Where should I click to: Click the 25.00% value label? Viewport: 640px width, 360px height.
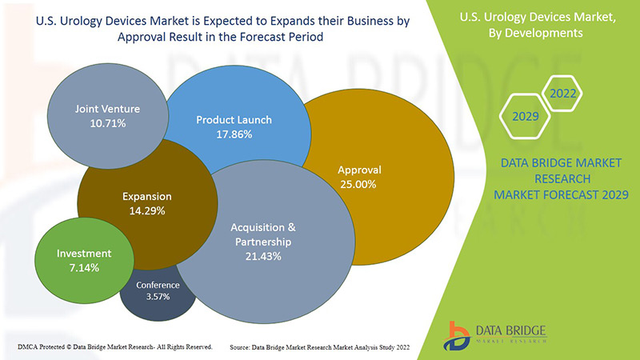coord(359,184)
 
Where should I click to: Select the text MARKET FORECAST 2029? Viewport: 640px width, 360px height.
coord(561,194)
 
